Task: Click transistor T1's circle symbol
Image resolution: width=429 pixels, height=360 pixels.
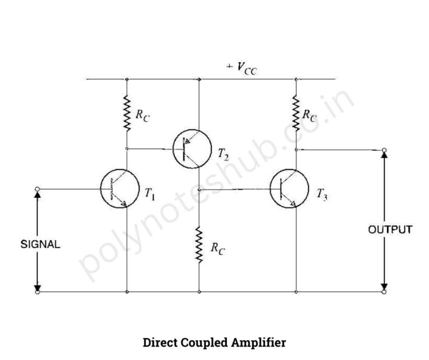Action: pos(120,189)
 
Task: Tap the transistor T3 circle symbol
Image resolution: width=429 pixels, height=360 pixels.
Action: pos(288,189)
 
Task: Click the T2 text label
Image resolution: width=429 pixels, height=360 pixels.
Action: pos(223,154)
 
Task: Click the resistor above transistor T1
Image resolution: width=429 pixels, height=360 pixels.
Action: pos(127,113)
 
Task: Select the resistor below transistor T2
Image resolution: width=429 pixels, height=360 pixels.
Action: pos(199,244)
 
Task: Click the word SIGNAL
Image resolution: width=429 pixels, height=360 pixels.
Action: pos(40,244)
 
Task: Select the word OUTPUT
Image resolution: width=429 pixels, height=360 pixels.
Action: pos(390,229)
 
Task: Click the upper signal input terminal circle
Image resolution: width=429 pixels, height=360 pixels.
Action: pos(37,189)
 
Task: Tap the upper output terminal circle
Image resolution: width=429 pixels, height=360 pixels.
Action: pos(384,150)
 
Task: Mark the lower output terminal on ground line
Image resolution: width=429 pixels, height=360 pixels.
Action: pos(384,292)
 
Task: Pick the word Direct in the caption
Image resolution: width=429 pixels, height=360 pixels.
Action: pos(161,342)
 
